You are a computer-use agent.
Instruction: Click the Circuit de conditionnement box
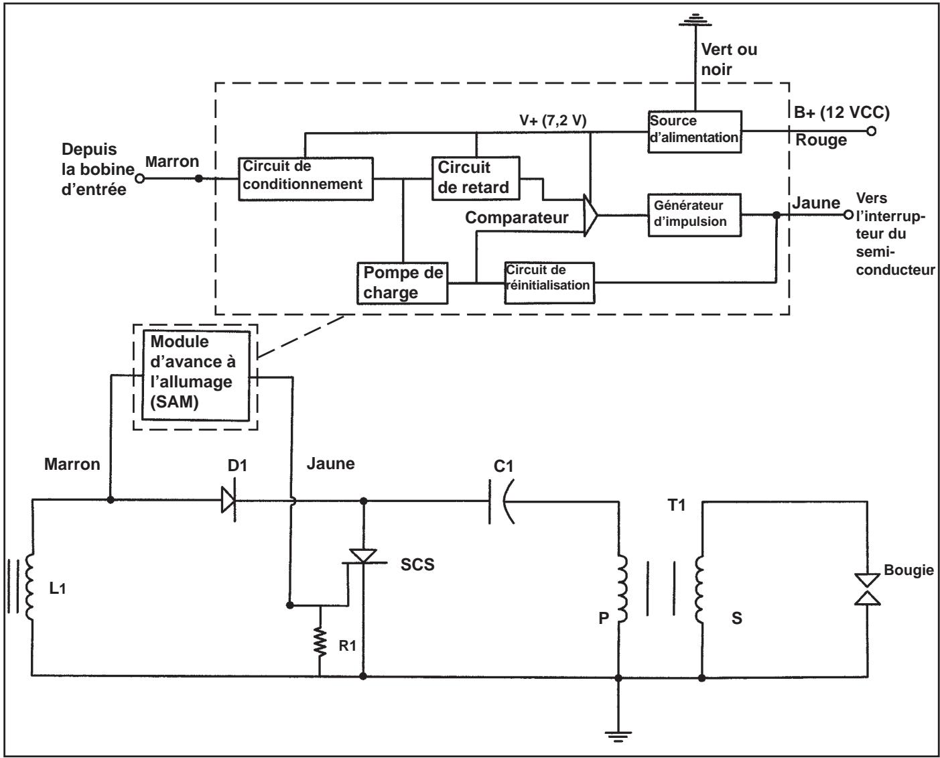306,179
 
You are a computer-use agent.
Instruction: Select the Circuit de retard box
476,178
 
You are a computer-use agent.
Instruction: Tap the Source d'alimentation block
695,131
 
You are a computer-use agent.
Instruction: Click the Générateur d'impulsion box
695,215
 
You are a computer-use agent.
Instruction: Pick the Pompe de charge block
402,283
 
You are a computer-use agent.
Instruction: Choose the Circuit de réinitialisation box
549,283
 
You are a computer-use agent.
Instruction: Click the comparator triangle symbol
590,215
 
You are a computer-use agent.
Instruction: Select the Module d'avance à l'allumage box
196,376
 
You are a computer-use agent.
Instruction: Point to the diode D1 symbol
228,500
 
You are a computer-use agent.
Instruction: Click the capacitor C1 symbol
500,501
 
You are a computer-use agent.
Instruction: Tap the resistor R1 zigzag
320,642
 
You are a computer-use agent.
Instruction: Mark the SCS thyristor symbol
363,558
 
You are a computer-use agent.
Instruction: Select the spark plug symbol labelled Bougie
867,589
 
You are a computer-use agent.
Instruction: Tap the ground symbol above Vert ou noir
695,19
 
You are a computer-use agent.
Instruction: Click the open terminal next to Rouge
871,131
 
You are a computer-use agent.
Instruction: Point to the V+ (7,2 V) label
553,120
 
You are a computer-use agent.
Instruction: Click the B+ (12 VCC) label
842,113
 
